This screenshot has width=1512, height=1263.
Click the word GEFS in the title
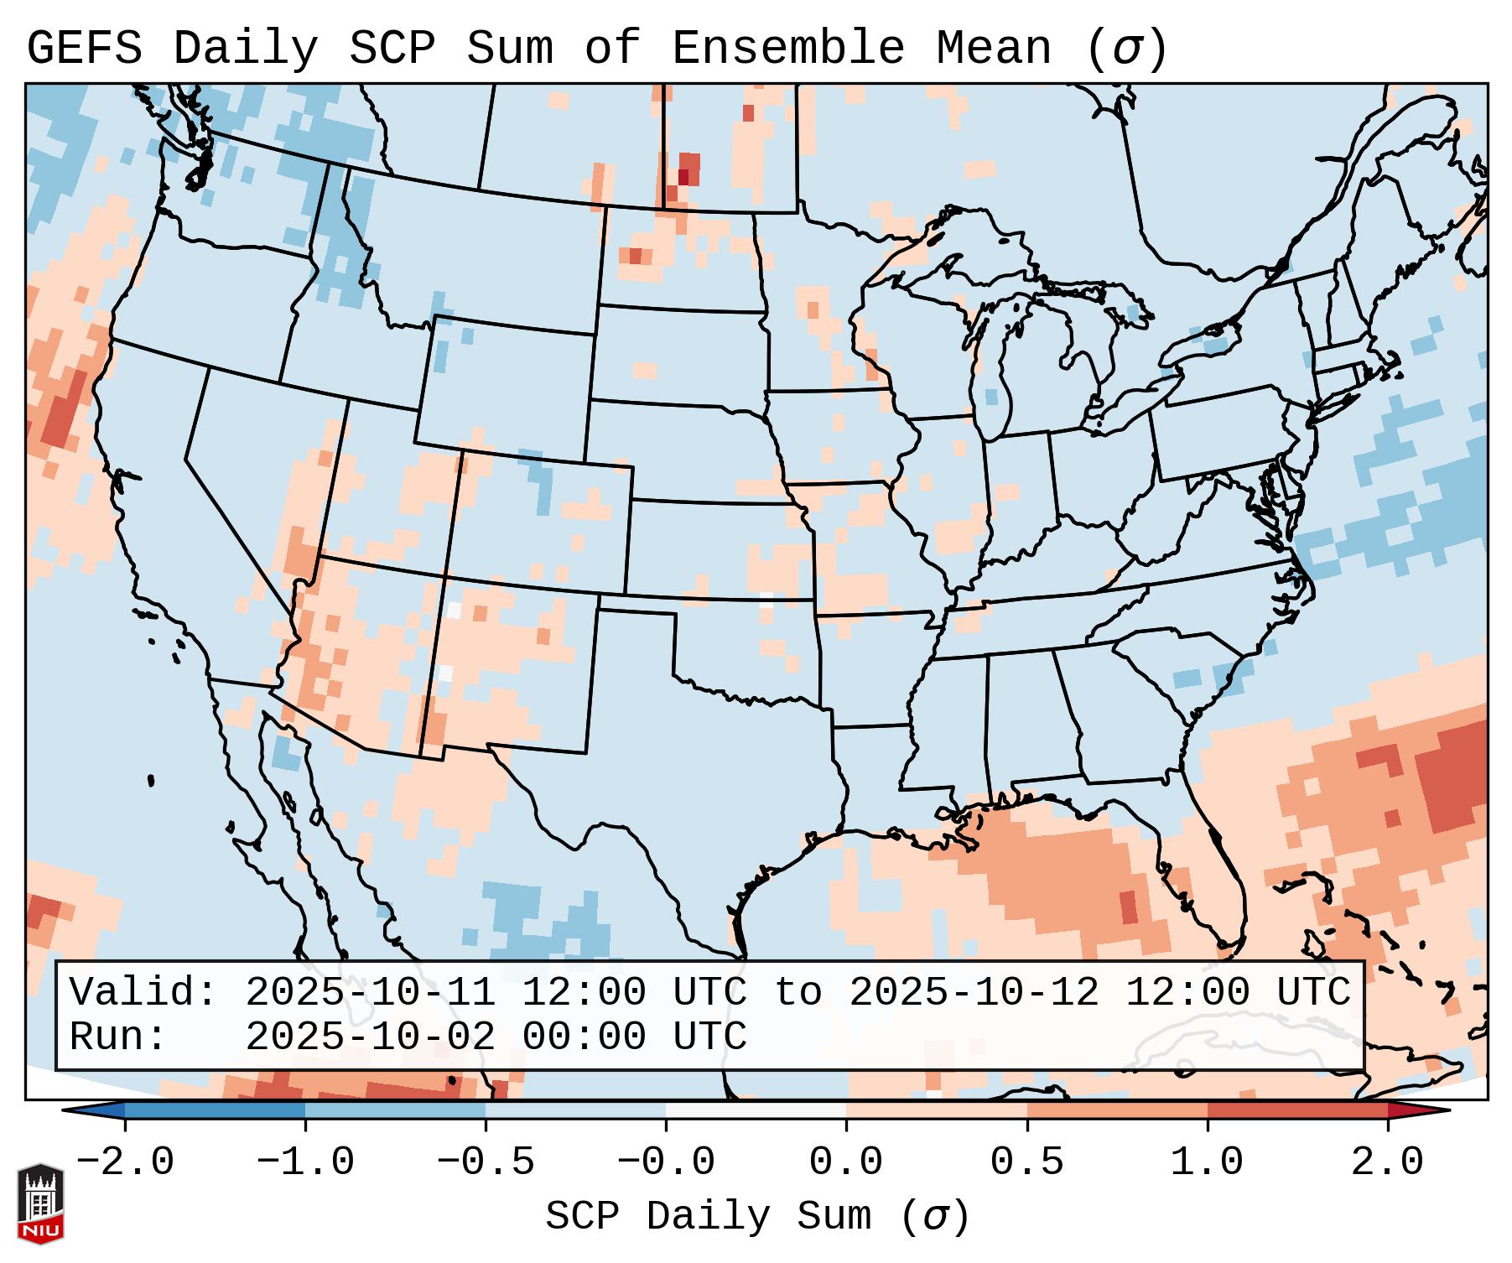coord(85,48)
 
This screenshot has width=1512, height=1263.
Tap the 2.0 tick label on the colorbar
coord(1387,1162)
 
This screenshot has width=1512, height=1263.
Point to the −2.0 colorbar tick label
coord(125,1162)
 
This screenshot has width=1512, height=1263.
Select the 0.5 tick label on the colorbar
coord(1026,1162)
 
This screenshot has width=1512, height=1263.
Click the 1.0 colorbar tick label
coord(1207,1162)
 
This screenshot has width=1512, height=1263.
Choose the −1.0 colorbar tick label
coord(305,1162)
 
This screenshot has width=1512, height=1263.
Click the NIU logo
coord(40,1203)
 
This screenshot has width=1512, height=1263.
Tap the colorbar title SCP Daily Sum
coord(708,1216)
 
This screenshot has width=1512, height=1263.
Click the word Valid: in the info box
coord(143,992)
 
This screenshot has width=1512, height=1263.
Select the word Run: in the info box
coord(118,1037)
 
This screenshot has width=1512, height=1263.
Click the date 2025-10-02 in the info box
coord(370,1037)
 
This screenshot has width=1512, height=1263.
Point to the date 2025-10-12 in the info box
coord(974,992)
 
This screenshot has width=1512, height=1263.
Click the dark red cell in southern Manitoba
coord(683,177)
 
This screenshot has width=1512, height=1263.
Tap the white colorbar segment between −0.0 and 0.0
coord(756,1110)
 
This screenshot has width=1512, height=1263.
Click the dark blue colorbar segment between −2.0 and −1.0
coord(215,1110)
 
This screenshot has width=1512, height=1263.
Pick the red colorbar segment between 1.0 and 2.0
coord(1297,1110)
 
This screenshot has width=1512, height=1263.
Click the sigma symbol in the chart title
coord(1126,48)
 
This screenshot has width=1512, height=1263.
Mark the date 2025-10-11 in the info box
coord(370,992)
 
